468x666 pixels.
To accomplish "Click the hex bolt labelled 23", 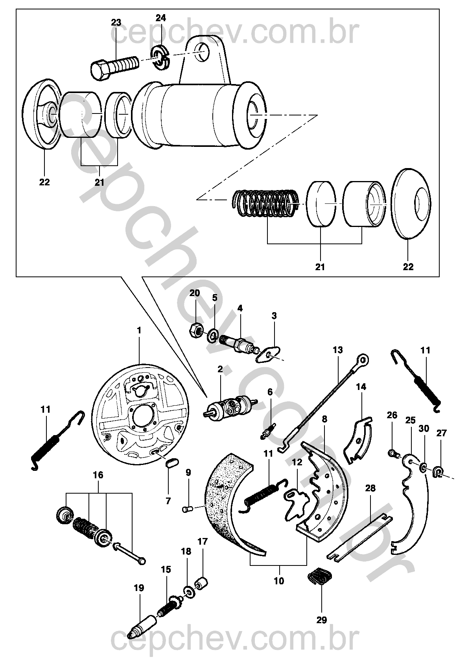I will (114, 66).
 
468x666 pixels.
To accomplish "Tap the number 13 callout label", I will (337, 349).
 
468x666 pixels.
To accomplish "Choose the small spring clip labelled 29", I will (321, 577).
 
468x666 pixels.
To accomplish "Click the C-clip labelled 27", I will (438, 470).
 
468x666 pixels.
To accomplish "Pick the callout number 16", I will (98, 475).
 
